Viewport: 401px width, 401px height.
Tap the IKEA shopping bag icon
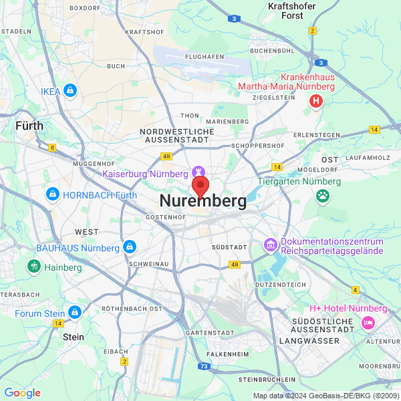[70, 91]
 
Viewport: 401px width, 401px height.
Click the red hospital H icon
[316, 101]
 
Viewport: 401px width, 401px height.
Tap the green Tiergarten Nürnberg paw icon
[324, 196]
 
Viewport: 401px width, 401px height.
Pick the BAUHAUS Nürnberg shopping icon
[130, 248]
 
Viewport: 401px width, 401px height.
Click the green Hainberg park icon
[34, 267]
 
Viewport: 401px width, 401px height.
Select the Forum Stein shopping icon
[75, 313]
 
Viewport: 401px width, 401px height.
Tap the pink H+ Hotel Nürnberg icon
[368, 323]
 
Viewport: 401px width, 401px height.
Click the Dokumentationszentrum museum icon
[271, 245]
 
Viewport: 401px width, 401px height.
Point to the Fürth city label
[29, 125]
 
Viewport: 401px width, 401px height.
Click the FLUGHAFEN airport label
[205, 57]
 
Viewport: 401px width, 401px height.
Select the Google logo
[22, 393]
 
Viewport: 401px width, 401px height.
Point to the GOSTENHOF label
[165, 217]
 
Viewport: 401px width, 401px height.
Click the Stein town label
[73, 337]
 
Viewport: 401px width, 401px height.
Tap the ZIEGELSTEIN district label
[273, 97]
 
